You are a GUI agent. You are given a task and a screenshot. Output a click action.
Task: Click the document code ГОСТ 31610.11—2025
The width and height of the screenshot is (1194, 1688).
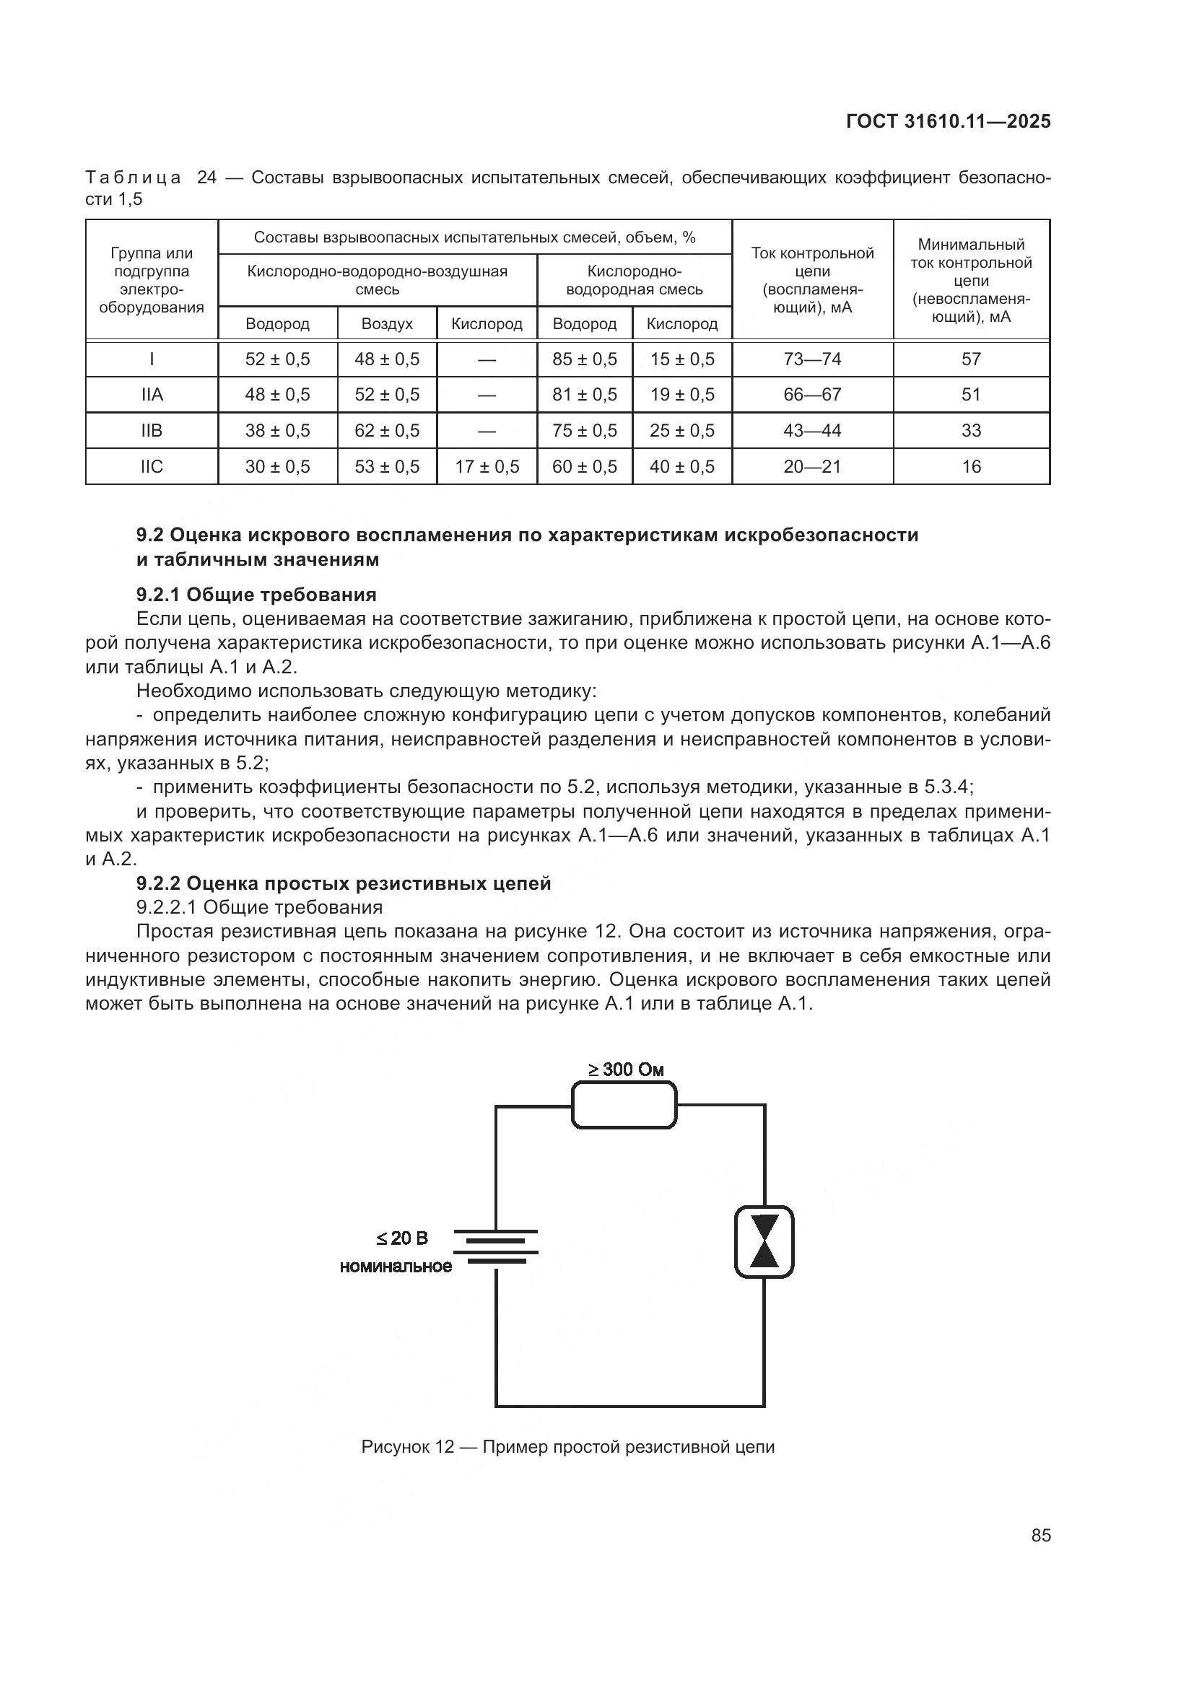coord(948,121)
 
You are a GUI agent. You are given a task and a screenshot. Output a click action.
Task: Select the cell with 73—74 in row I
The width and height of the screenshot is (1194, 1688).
coord(811,359)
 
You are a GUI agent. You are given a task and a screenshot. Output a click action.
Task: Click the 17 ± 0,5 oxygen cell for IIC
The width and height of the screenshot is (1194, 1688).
coord(487,466)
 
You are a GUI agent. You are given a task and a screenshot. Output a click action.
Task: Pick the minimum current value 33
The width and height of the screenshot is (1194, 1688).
coord(970,430)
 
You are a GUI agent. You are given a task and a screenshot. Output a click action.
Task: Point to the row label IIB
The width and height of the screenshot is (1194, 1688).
coord(152,430)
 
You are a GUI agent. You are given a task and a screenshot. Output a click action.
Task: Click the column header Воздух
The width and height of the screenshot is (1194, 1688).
coord(387,323)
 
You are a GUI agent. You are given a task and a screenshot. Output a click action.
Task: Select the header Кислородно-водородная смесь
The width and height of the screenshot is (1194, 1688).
coord(634,280)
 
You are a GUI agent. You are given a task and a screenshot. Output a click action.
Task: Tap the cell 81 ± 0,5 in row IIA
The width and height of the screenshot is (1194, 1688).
coord(585,395)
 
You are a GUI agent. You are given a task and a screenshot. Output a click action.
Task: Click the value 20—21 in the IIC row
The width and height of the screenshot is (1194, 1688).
coord(811,466)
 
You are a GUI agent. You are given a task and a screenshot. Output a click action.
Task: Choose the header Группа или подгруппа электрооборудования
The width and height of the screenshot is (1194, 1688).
coord(152,280)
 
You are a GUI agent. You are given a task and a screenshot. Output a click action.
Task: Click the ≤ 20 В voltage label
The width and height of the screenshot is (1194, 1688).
coord(401,1239)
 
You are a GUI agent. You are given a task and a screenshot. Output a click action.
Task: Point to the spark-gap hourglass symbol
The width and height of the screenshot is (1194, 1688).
coord(764,1242)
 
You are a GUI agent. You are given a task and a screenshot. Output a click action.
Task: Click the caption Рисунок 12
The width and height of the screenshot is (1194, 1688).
coord(567,1447)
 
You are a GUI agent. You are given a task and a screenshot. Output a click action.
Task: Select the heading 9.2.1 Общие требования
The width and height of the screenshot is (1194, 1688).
coord(256,594)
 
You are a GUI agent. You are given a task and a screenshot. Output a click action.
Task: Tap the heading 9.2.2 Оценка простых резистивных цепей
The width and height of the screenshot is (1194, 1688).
coord(344,883)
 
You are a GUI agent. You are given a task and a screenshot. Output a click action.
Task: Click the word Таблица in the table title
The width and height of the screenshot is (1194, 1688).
coord(133,178)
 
